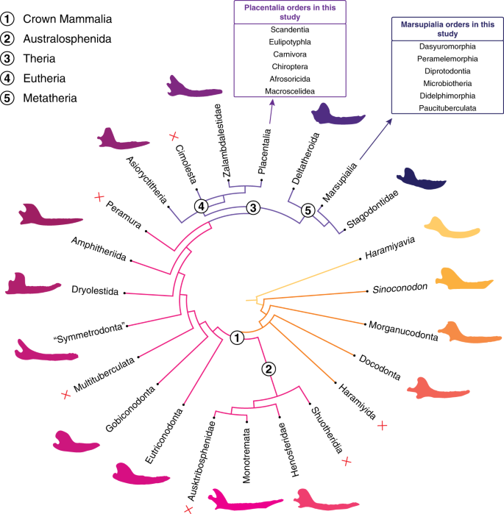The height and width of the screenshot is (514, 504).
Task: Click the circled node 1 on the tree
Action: (x=237, y=338)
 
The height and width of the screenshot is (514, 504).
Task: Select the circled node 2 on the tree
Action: (x=269, y=370)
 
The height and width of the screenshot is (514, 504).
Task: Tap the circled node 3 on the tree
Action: (x=252, y=208)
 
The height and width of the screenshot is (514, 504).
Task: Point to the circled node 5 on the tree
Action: (x=310, y=210)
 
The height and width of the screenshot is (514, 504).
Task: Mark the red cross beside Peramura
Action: (x=98, y=197)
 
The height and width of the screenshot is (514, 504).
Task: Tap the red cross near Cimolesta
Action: (x=174, y=135)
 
